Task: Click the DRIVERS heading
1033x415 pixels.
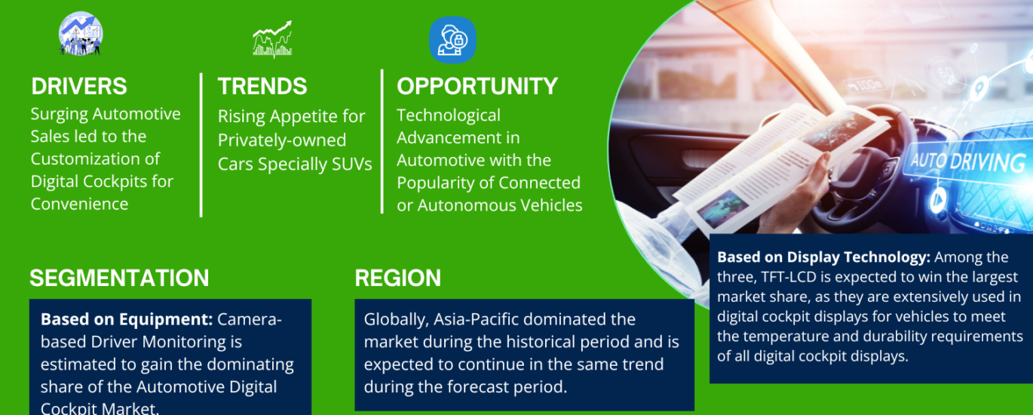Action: click(x=79, y=86)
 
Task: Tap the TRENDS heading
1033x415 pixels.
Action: click(x=262, y=86)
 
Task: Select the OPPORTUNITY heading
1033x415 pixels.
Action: click(x=477, y=86)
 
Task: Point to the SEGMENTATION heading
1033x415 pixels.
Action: click(x=119, y=278)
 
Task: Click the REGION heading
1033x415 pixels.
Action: click(x=397, y=278)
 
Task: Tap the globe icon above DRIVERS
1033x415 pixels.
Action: click(x=81, y=34)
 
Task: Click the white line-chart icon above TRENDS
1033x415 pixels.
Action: click(x=272, y=39)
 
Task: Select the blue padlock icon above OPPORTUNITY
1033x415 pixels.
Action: click(x=452, y=40)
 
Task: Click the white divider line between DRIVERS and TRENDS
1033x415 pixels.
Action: click(x=201, y=144)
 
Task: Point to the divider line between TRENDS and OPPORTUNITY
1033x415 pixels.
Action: click(x=382, y=141)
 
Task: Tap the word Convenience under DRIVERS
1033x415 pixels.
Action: click(x=79, y=204)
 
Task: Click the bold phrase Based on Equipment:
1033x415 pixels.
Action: click(x=127, y=319)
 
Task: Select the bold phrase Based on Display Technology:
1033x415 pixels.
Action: click(x=823, y=257)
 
